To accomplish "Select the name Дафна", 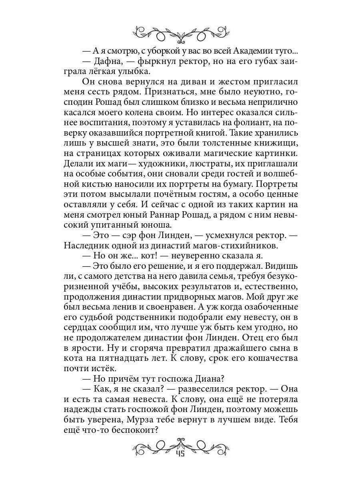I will click(110, 61).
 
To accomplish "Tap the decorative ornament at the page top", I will click(180, 34).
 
